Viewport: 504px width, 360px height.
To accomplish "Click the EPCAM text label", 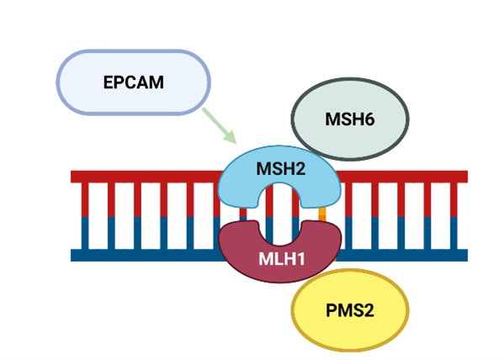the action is (x=134, y=82).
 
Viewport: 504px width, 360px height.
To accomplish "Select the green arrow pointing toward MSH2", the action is (x=220, y=125).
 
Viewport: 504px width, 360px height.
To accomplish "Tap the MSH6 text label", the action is (x=350, y=119).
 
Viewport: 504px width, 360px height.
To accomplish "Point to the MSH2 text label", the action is (x=280, y=169).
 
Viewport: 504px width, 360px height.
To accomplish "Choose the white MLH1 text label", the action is (x=282, y=259).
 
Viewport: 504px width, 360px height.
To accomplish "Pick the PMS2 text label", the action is (x=350, y=310).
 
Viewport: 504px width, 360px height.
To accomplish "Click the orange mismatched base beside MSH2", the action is (x=322, y=214).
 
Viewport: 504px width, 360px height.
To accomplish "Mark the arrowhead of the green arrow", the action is (x=231, y=137).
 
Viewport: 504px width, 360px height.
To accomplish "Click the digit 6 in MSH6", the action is (x=369, y=119).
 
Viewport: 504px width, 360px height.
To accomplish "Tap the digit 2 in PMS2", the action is (x=369, y=310).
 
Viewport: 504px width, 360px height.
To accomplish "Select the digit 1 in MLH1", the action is (x=300, y=259).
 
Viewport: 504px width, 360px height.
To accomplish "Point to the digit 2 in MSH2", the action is (x=300, y=169).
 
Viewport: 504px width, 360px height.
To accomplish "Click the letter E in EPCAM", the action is (x=108, y=82).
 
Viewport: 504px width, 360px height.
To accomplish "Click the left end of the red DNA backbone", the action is (x=72, y=177).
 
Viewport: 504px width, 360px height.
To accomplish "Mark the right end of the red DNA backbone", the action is (x=467, y=177).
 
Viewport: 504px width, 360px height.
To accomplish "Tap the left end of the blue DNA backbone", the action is (x=72, y=255).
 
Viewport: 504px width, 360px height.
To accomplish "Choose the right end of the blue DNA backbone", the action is (x=467, y=255).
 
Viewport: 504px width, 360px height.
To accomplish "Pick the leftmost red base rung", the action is (x=85, y=199).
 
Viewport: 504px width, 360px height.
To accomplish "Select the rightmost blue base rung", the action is (x=454, y=233).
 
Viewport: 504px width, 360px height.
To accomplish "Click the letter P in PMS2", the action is (x=331, y=310).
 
